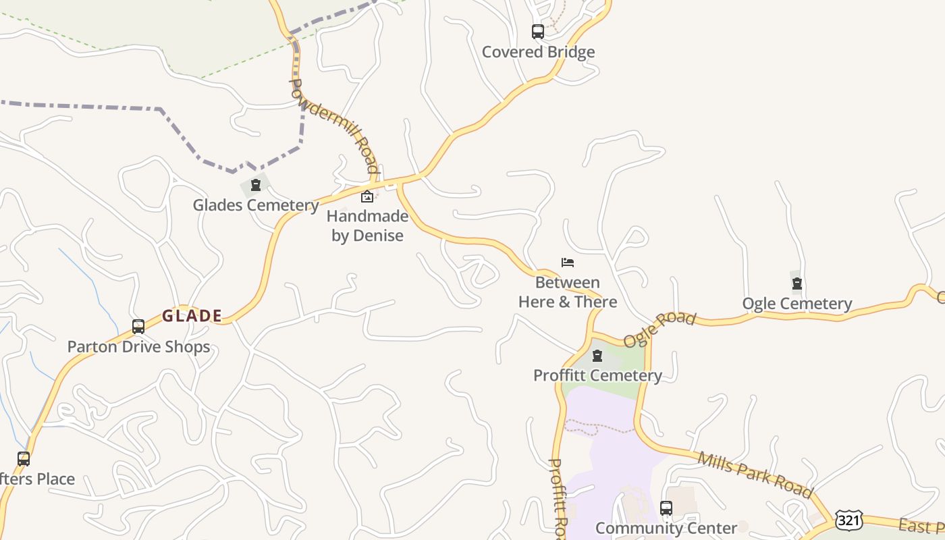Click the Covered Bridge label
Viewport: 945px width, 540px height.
point(538,52)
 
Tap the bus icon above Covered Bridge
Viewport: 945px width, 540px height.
point(538,31)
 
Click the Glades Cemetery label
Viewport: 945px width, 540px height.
point(256,205)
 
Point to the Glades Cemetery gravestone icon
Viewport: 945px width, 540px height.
point(256,185)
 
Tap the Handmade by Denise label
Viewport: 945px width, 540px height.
point(368,225)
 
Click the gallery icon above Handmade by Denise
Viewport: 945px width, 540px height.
point(367,197)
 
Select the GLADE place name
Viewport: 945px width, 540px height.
point(192,316)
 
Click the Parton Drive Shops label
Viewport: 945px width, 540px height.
point(138,347)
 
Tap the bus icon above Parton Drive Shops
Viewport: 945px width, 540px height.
point(138,327)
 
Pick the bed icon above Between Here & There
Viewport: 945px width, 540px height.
point(568,262)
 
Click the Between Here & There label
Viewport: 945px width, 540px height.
point(568,292)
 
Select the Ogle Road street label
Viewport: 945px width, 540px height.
point(659,329)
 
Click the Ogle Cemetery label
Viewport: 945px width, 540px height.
point(797,304)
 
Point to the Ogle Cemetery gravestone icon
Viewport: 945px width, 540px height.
point(797,283)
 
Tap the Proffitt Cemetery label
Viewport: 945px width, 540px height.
point(597,375)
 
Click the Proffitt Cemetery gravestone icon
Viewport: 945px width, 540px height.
point(597,356)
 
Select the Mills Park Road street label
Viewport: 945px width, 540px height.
point(755,475)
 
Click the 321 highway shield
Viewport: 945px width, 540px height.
point(848,519)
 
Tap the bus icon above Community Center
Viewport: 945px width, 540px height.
point(666,508)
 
